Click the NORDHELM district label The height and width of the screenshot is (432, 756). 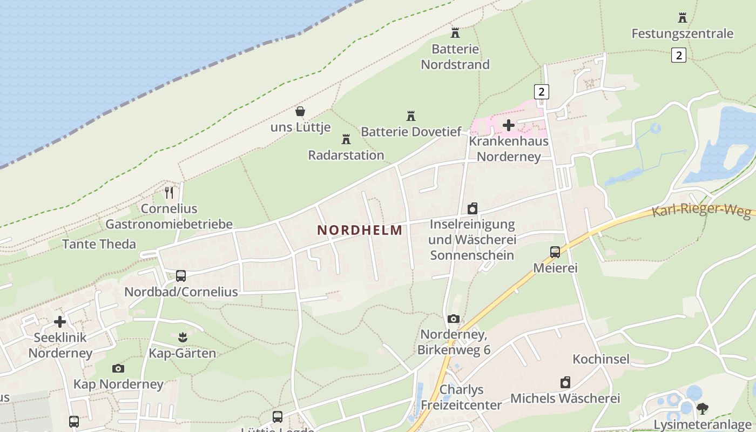[x=360, y=230]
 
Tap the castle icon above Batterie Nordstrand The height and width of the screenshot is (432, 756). [x=455, y=33]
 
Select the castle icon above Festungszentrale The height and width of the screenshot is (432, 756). [x=683, y=18]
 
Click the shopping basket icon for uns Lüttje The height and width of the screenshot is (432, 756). [x=300, y=112]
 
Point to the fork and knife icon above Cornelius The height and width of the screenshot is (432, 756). [x=169, y=192]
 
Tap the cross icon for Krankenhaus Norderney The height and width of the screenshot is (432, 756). [x=508, y=125]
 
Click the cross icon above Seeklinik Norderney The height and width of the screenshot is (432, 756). [x=60, y=322]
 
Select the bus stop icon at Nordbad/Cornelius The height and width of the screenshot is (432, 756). [x=181, y=276]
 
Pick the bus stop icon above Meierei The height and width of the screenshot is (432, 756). [x=555, y=252]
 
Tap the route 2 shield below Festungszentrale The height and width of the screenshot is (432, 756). [x=679, y=55]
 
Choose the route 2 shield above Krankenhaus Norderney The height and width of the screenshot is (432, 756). [x=541, y=92]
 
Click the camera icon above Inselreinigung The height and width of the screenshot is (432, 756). [x=473, y=208]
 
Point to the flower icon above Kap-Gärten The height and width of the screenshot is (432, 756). [x=182, y=337]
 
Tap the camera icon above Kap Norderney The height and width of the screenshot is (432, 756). [x=118, y=368]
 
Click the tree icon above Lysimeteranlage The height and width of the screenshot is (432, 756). [x=702, y=408]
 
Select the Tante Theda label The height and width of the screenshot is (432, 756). [x=99, y=244]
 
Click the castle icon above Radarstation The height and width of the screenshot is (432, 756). [x=346, y=139]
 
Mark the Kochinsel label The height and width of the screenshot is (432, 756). [x=601, y=359]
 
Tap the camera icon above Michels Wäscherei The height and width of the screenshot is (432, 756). [x=565, y=382]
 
